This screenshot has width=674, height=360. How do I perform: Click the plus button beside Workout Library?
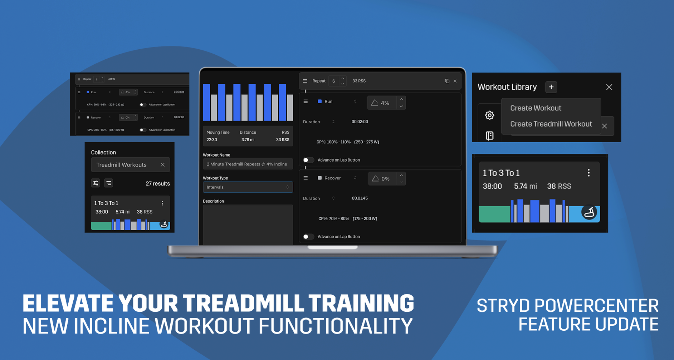point(551,87)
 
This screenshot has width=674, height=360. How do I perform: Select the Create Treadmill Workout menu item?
point(551,124)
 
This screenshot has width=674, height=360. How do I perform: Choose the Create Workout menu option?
point(536,108)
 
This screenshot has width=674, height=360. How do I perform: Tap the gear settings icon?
point(489,115)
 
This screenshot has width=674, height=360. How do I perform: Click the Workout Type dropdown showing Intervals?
point(248,187)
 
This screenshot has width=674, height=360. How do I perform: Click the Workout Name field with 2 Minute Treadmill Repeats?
point(248,164)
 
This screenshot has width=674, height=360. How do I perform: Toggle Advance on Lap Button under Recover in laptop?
point(308,237)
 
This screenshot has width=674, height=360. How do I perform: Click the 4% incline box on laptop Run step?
point(382,103)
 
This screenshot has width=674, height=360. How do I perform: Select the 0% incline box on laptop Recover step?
point(382,179)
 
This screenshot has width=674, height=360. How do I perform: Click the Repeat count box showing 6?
point(334,81)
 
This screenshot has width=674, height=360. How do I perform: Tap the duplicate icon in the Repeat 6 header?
point(447,81)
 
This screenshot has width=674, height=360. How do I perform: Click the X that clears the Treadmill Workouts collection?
point(162,165)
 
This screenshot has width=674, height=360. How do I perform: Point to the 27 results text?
point(157,183)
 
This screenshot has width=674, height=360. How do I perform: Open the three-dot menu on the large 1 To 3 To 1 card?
point(588,173)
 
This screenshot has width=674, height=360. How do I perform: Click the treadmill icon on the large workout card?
point(589,212)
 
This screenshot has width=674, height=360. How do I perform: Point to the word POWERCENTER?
point(596,306)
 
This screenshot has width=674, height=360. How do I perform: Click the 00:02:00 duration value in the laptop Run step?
point(360,122)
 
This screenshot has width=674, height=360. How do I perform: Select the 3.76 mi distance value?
point(248,140)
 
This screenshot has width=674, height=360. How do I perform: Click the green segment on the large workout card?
point(494,214)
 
